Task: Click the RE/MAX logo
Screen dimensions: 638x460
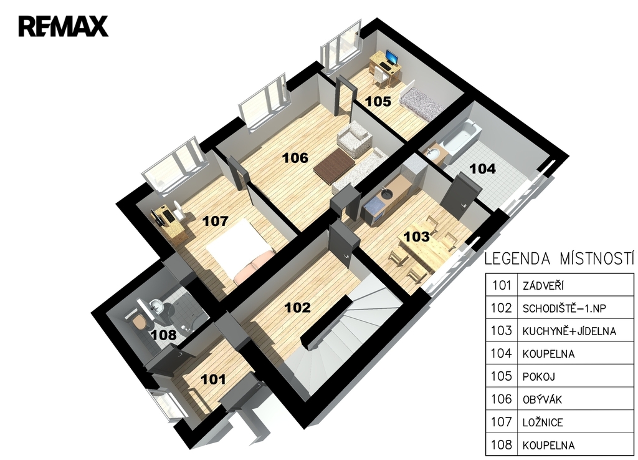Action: (x=63, y=26)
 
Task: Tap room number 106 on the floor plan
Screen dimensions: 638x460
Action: (x=295, y=158)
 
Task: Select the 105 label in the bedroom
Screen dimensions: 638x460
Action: (x=378, y=102)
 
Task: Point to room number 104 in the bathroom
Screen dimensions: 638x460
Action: (x=483, y=169)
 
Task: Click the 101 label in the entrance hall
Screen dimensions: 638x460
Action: (x=214, y=379)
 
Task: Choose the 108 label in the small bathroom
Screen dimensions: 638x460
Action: (x=164, y=335)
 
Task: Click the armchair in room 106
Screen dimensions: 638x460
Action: (x=354, y=139)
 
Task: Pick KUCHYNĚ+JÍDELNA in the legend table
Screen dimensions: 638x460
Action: (x=569, y=331)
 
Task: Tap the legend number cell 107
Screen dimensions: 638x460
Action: (x=502, y=421)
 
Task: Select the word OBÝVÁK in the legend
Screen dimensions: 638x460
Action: (x=542, y=399)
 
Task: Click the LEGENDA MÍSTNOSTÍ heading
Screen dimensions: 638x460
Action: (x=559, y=259)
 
